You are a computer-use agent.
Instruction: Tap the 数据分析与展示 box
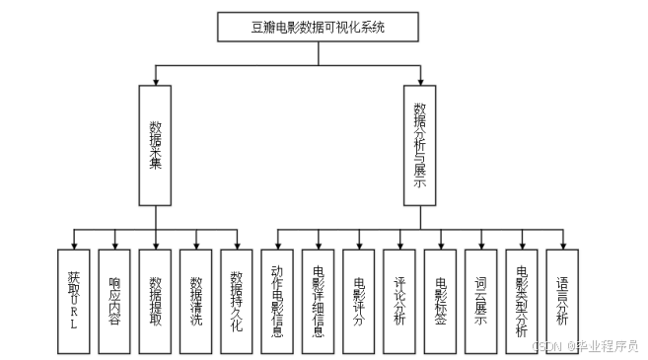click(419, 144)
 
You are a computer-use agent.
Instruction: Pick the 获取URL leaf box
click(73, 299)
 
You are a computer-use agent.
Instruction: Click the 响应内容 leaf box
click(114, 299)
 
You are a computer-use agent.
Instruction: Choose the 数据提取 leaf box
click(155, 299)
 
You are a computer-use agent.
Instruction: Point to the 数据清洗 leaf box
click(196, 299)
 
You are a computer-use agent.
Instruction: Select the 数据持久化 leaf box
click(237, 299)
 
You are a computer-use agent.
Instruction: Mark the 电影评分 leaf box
click(359, 299)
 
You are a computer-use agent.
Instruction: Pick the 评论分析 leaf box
click(400, 299)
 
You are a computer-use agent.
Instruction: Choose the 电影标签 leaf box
click(441, 299)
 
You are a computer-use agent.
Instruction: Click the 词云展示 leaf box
click(481, 299)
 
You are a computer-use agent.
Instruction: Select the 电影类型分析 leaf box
click(522, 299)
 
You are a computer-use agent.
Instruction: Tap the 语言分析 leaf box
click(562, 299)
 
